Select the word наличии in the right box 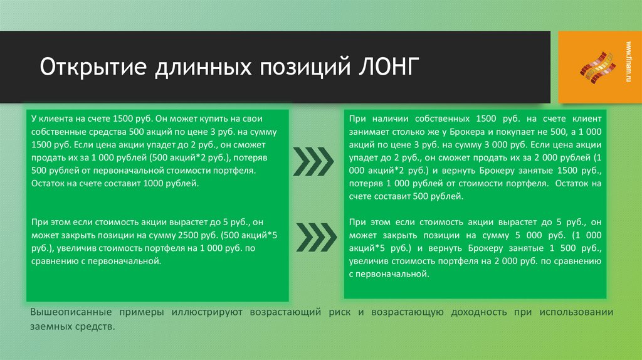[x=388, y=118]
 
